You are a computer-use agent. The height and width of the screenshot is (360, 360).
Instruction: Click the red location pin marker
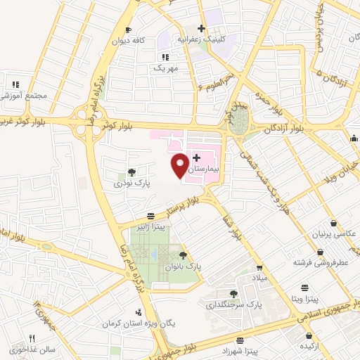[180, 165]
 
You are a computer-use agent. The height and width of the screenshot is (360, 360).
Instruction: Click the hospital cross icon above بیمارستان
[196, 157]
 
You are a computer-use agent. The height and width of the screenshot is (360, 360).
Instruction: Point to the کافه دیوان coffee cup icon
[127, 30]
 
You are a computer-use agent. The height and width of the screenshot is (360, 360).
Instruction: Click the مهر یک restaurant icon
[165, 57]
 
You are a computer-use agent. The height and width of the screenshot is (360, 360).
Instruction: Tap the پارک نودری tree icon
[131, 172]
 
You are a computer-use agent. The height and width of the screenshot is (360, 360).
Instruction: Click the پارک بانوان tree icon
[184, 255]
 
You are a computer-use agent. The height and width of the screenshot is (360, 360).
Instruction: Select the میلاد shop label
[260, 278]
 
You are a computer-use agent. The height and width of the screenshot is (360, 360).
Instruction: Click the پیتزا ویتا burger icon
[304, 288]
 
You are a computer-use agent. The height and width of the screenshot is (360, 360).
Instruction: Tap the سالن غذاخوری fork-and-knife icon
[32, 338]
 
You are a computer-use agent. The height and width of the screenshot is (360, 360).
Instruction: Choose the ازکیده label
[311, 347]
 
